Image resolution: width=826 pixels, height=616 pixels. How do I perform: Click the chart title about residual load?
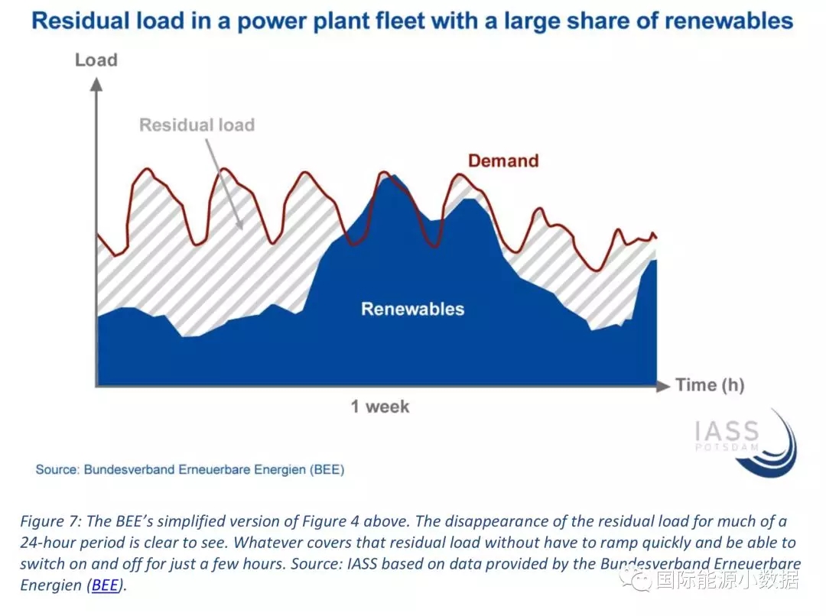[x=412, y=21]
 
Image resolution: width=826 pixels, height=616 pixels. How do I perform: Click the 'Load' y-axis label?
[x=96, y=60]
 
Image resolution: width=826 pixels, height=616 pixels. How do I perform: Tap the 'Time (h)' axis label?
[x=710, y=385]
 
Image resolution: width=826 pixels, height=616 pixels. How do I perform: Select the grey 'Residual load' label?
[x=197, y=125]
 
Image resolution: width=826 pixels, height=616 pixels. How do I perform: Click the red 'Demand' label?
[x=503, y=160]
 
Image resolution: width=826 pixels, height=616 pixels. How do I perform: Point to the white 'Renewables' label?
[x=412, y=309]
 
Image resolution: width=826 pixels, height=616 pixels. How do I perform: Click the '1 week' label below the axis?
[x=380, y=407]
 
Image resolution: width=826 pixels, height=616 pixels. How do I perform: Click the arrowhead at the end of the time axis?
[x=663, y=386]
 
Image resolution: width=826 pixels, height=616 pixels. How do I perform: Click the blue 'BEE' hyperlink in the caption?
[x=105, y=585]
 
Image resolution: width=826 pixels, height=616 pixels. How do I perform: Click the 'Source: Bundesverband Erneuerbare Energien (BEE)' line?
[x=190, y=469]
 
